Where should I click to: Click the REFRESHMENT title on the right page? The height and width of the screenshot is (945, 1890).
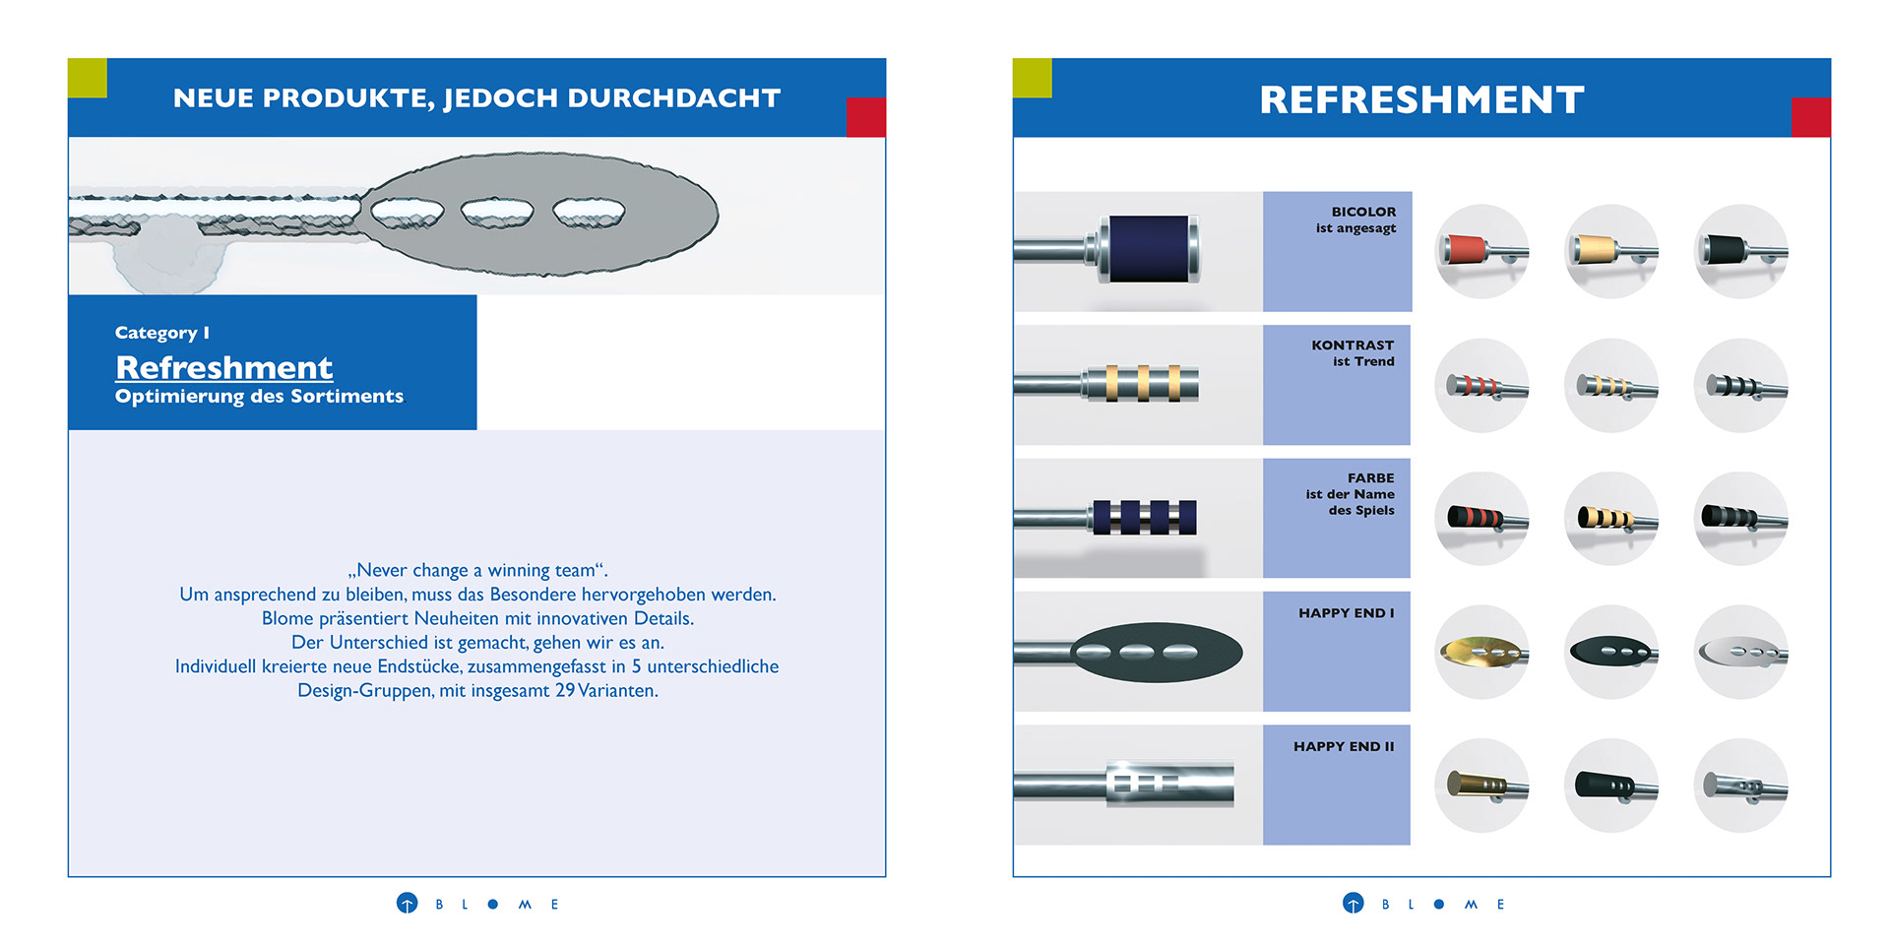(1421, 99)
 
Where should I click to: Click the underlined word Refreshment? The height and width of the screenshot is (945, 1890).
(223, 367)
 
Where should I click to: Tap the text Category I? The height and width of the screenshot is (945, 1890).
(161, 333)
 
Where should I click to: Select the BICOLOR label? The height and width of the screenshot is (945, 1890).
(1363, 212)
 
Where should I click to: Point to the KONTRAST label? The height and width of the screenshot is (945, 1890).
(1353, 346)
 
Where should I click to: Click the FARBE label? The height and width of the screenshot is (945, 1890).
(1370, 478)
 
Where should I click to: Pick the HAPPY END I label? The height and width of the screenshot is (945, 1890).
(1346, 613)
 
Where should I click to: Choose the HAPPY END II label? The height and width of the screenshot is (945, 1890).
(1344, 747)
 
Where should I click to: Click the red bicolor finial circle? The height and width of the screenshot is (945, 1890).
(1481, 251)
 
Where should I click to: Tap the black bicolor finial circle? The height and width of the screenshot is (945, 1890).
(1740, 251)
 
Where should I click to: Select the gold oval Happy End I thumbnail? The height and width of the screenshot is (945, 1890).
(1481, 652)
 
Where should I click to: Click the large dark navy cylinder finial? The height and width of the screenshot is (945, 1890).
(1149, 249)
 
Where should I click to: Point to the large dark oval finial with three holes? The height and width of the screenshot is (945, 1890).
(1156, 652)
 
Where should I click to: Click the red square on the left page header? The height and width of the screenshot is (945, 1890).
(865, 117)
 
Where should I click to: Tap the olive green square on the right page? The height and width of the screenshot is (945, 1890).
(1032, 78)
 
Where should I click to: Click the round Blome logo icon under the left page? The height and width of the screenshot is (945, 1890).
(407, 904)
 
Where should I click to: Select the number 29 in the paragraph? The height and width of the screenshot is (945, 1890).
(564, 691)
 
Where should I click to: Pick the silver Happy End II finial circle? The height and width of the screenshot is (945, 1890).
(1740, 786)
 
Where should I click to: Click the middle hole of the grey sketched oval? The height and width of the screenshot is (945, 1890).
(497, 212)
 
